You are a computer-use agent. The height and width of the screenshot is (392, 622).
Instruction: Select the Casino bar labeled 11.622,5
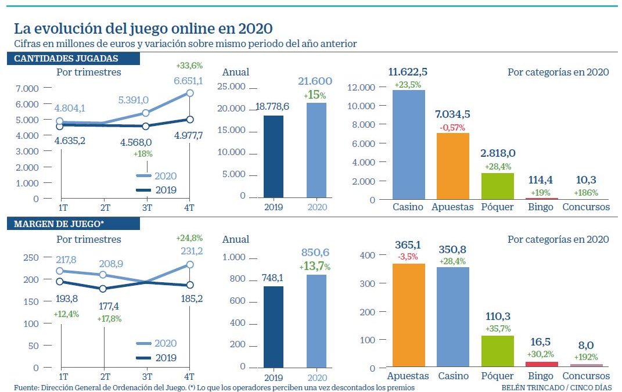pos(408,145)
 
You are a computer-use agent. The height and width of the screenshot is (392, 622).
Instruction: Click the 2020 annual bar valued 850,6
pos(316,321)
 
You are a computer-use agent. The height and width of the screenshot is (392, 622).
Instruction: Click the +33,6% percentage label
pos(189,65)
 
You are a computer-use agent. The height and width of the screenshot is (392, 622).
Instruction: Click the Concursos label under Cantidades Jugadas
pos(586,207)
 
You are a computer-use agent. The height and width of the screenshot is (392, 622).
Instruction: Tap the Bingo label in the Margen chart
pos(541,376)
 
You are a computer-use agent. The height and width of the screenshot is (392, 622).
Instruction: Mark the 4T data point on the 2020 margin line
pos(190,265)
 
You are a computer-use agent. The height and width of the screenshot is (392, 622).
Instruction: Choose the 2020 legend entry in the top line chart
pos(156,176)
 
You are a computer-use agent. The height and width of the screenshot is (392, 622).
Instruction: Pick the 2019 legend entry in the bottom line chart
pos(156,358)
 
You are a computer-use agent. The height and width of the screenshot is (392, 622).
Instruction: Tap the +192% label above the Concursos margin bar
pos(586,357)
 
